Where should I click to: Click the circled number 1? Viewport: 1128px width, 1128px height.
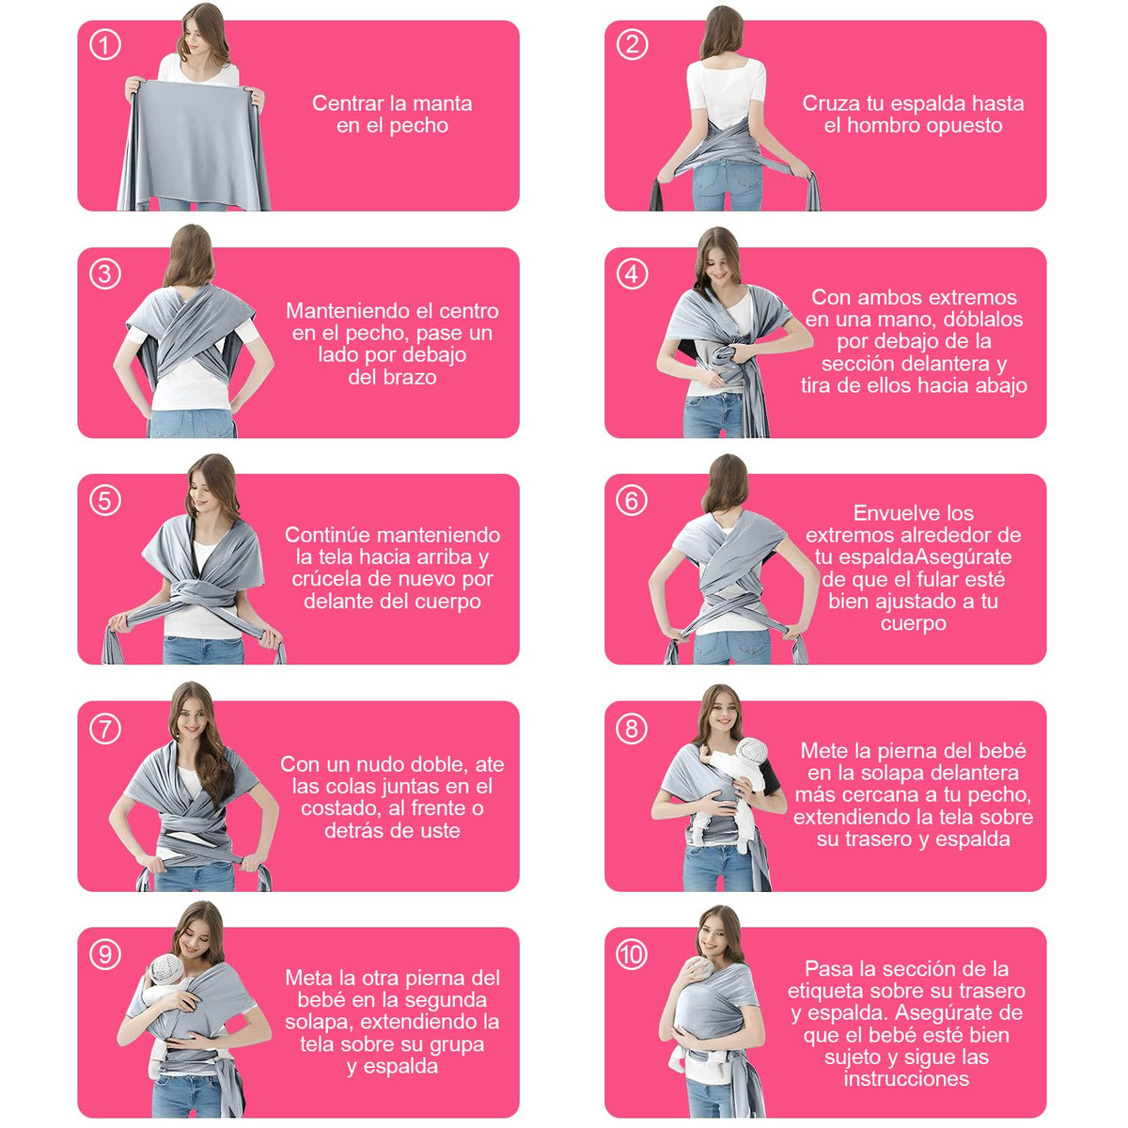105,45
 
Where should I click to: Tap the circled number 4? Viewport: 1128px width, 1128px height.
633,274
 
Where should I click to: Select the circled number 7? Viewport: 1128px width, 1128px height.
105,729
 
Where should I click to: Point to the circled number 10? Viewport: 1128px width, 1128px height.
632,955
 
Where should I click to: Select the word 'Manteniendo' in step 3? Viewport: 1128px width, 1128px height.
339,311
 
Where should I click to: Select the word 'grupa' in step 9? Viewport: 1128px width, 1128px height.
457,1045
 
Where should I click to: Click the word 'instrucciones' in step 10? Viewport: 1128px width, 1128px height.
906,1079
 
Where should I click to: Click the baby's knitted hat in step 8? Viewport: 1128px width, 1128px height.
752,750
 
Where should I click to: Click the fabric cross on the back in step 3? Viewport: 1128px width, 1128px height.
192,336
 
